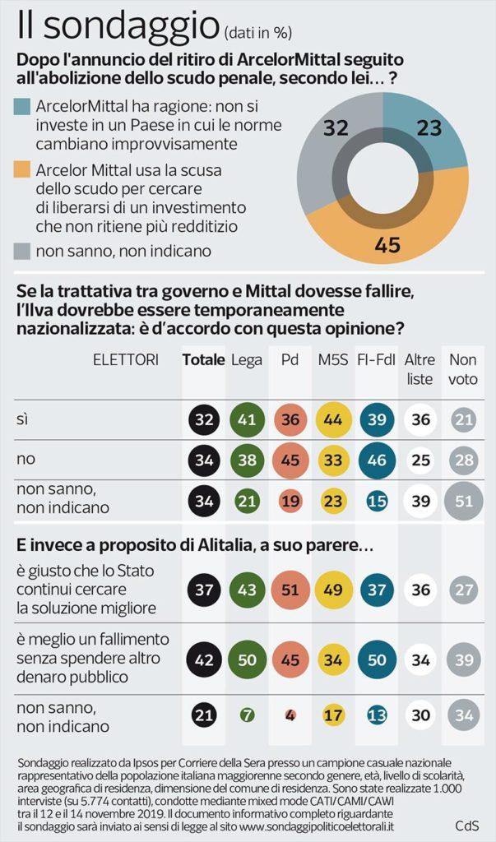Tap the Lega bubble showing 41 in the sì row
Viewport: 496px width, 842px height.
tap(247, 419)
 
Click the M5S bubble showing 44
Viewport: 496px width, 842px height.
tap(333, 419)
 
